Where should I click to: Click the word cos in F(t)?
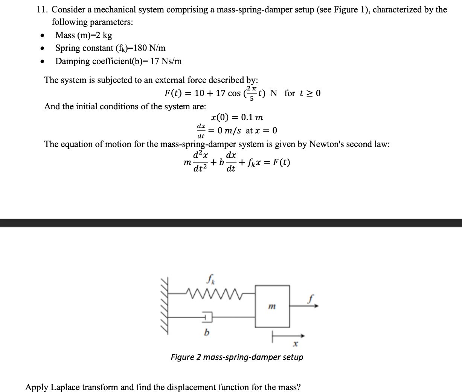click(234, 93)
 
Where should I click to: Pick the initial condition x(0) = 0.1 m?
click(237, 117)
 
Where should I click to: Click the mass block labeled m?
click(272, 306)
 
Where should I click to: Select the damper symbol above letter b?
click(207, 317)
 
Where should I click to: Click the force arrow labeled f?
click(304, 306)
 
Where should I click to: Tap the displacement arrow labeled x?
click(288, 336)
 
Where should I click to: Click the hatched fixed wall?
click(165, 306)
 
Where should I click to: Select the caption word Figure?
click(183, 357)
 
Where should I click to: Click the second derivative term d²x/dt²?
click(200, 162)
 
